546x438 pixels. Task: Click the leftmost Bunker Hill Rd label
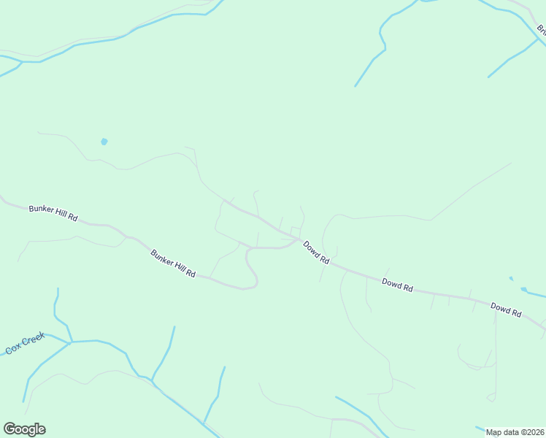(53, 213)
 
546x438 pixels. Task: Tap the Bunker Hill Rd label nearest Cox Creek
(173, 264)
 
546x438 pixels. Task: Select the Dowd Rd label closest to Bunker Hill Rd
(317, 253)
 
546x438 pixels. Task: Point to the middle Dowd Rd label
(397, 285)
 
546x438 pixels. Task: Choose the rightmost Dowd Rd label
(506, 309)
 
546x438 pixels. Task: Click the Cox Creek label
(26, 343)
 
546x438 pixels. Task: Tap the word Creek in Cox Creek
(34, 340)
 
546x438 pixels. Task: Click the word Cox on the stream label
(12, 349)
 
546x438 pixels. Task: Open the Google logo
(24, 429)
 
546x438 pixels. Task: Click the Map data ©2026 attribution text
(515, 431)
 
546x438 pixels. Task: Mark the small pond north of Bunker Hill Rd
(104, 141)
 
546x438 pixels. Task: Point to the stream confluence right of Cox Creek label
(71, 342)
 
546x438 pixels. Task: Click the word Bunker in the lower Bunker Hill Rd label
(161, 258)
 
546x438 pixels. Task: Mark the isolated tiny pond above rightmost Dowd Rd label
(511, 278)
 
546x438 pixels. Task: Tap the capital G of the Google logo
(9, 429)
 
